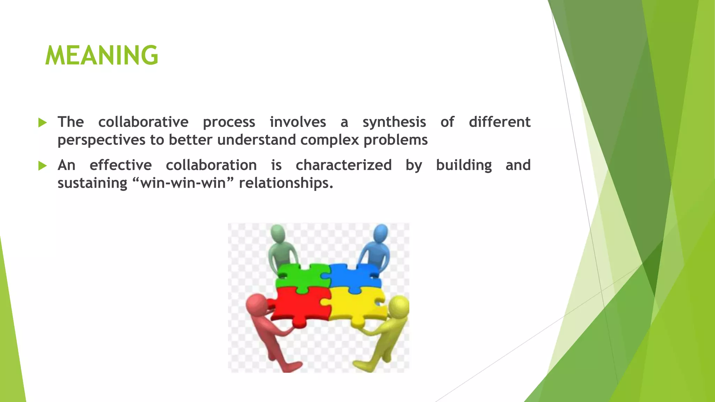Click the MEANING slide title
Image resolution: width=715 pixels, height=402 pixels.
[102, 55]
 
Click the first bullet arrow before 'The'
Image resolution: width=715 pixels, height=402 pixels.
[42, 122]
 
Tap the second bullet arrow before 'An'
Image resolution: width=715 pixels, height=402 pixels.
[42, 166]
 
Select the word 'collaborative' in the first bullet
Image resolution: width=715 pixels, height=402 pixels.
[143, 122]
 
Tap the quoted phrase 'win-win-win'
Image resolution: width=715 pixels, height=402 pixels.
[183, 183]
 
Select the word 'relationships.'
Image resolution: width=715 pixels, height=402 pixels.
[286, 183]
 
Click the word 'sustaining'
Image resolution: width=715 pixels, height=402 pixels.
[92, 183]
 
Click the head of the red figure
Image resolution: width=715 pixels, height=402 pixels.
[256, 304]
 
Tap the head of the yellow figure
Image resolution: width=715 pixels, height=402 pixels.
[399, 306]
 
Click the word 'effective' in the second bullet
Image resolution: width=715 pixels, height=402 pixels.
[120, 165]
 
